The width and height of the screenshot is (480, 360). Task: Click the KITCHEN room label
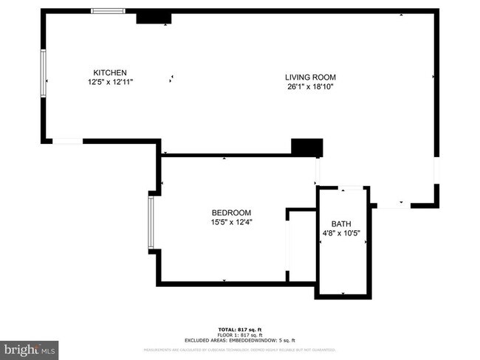[104, 72]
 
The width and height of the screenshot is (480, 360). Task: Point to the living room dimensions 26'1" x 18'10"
[310, 86]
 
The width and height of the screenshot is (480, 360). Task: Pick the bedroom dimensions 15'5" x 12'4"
[233, 222]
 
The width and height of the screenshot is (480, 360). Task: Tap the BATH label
[341, 224]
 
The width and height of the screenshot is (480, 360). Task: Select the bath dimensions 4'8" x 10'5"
[341, 234]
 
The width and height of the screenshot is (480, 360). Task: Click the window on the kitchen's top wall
[108, 11]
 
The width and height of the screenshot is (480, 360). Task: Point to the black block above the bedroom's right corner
[307, 147]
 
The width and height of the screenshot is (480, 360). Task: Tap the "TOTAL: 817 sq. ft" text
[239, 328]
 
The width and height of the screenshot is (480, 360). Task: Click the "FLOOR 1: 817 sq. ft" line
[239, 334]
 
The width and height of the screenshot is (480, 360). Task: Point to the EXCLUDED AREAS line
[239, 340]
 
